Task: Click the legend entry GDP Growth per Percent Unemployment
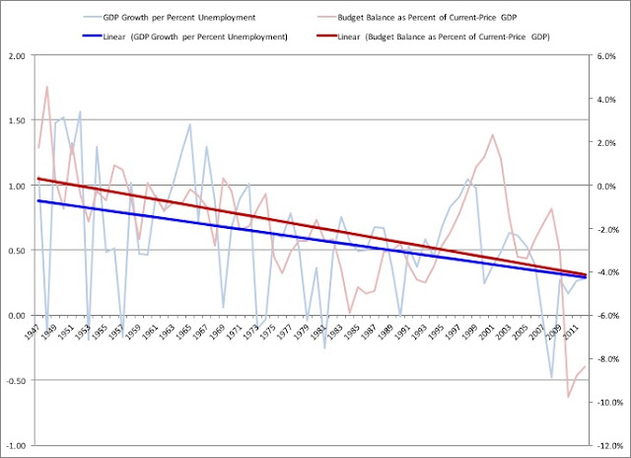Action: pos(170,18)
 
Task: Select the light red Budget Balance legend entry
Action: pos(417,18)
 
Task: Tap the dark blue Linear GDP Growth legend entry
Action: pos(185,37)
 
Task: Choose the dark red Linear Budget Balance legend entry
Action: pos(434,37)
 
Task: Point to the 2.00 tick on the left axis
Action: pos(17,56)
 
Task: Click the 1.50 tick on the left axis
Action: pos(17,120)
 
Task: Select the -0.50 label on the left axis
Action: pos(16,381)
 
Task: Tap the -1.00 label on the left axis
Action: pos(16,445)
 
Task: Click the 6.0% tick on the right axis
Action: pos(606,56)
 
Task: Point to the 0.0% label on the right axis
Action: pos(606,187)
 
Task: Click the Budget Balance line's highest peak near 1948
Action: pos(47,87)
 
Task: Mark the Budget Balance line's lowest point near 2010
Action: pos(568,397)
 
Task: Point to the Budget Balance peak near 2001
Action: pos(493,135)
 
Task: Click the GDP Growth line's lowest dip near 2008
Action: pos(551,377)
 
